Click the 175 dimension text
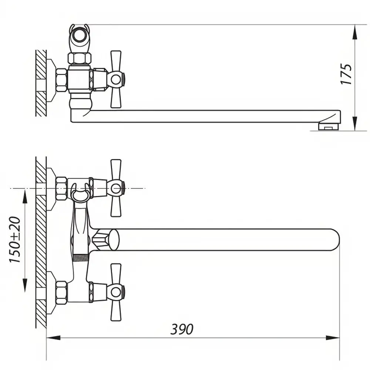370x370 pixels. point(346,74)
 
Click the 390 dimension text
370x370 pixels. point(182,329)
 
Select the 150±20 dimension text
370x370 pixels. point(15,239)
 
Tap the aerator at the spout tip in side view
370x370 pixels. point(329,126)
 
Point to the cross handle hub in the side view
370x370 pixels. point(115,79)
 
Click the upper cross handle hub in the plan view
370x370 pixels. point(115,188)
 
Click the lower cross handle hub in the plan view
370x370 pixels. point(115,292)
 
